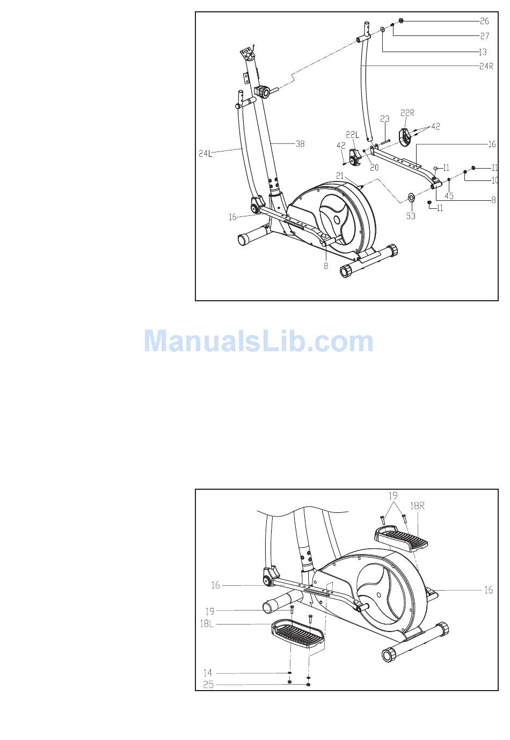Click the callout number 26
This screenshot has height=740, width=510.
[484, 21]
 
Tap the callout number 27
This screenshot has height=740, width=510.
[484, 37]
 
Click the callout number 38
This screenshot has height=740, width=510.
[300, 144]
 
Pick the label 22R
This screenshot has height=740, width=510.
[407, 113]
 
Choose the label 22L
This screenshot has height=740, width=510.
[352, 135]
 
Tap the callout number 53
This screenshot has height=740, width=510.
[411, 216]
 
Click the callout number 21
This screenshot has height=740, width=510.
[339, 176]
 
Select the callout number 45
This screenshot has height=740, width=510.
[449, 196]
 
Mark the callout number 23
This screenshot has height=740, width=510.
[384, 119]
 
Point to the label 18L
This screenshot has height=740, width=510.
[207, 624]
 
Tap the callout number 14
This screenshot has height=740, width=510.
[208, 673]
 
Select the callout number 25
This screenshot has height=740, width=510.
[208, 685]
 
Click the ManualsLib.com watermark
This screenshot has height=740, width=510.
[259, 341]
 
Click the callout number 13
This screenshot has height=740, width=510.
[483, 52]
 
